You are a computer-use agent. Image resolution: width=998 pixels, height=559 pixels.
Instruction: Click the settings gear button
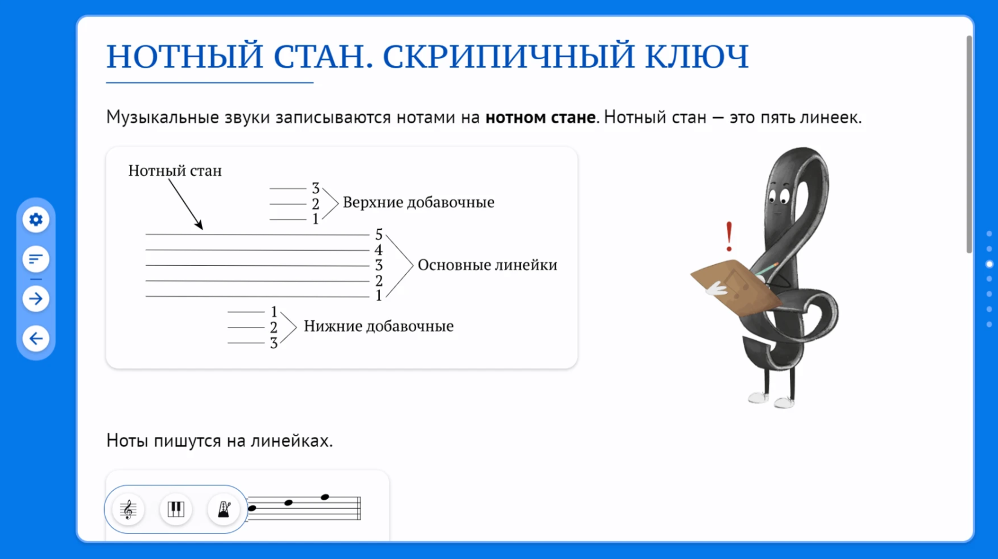(36, 219)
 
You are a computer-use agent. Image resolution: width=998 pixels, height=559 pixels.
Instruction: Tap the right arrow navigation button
(36, 299)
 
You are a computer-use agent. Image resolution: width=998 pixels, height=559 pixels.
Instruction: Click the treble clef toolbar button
(128, 509)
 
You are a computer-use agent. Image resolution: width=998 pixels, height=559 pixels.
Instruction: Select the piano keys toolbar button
(176, 509)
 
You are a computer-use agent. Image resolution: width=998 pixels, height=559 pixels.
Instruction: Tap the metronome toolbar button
(224, 509)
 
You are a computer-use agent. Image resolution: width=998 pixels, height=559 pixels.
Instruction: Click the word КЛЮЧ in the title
(697, 56)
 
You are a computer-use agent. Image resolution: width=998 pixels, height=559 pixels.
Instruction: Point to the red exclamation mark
(729, 236)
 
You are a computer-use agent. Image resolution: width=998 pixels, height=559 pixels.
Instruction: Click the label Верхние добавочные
(419, 202)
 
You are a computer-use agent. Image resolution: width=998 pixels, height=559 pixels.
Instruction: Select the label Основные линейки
(488, 265)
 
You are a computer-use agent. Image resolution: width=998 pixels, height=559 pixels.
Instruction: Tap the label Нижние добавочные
(379, 326)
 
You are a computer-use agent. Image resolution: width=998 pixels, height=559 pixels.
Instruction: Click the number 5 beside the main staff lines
(379, 234)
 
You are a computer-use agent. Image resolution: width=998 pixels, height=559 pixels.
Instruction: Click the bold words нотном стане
(541, 117)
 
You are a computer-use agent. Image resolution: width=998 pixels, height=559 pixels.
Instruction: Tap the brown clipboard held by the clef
(735, 286)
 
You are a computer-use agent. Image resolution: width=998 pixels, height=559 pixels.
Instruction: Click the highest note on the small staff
(325, 497)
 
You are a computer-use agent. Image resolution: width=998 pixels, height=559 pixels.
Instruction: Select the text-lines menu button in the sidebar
(36, 259)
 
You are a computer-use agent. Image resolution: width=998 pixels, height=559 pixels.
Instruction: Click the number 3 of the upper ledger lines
(316, 188)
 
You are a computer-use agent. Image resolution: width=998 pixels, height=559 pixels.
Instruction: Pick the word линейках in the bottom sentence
(292, 441)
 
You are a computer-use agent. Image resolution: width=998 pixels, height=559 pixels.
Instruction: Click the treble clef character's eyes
(779, 195)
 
